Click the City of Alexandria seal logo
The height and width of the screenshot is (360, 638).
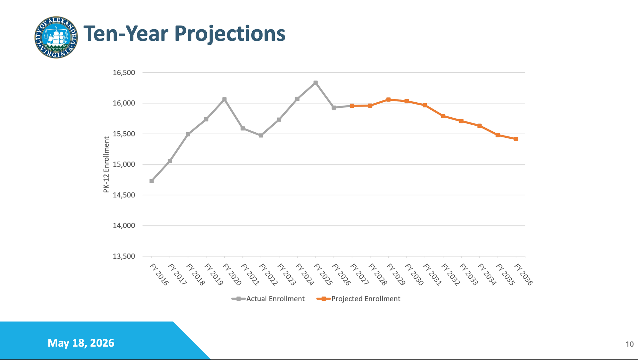tap(56, 37)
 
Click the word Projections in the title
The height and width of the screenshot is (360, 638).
tap(230, 34)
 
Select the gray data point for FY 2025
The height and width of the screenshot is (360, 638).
tap(315, 83)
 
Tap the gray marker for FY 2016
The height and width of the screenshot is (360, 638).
tap(152, 181)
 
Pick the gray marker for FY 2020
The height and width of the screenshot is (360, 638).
tap(225, 99)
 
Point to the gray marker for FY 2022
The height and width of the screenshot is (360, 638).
tap(261, 136)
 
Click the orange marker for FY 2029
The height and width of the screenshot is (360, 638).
tap(389, 99)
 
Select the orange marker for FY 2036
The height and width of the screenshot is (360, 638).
tap(516, 139)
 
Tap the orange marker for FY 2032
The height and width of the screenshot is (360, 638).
tap(443, 116)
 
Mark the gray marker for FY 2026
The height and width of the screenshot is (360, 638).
tap(334, 108)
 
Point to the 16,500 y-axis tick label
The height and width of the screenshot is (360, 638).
tap(124, 73)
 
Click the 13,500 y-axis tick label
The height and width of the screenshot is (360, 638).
tap(124, 256)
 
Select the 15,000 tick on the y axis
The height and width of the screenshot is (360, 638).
tap(124, 165)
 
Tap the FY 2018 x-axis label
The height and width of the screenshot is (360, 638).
tap(195, 274)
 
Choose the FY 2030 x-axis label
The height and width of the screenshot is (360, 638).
tap(414, 274)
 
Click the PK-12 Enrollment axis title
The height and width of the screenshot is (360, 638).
tap(106, 165)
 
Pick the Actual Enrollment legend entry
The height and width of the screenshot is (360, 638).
tap(268, 299)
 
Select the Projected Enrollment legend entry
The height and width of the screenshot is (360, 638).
tap(358, 299)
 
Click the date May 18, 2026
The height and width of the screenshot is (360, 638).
tap(81, 343)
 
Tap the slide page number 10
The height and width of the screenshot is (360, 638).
tap(629, 344)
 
